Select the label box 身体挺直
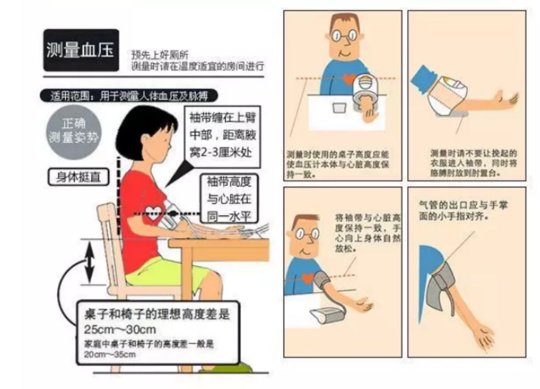click(x=78, y=177)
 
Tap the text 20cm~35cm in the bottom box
click(x=110, y=354)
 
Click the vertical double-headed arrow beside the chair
click(x=89, y=263)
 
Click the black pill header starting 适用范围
click(x=129, y=95)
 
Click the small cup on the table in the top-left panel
click(x=338, y=108)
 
